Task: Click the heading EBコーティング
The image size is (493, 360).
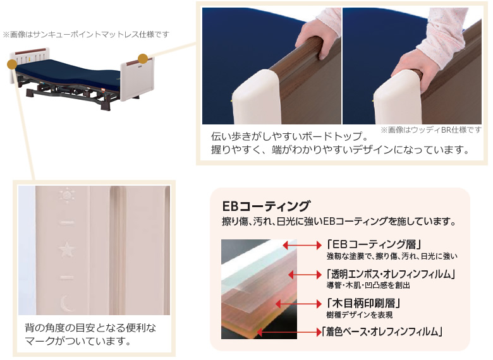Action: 266,206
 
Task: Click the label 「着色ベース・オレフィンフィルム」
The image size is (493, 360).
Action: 381,331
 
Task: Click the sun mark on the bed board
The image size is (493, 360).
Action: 66,194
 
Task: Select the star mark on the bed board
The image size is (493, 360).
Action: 66,250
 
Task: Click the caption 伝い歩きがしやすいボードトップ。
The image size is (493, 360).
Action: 289,136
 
